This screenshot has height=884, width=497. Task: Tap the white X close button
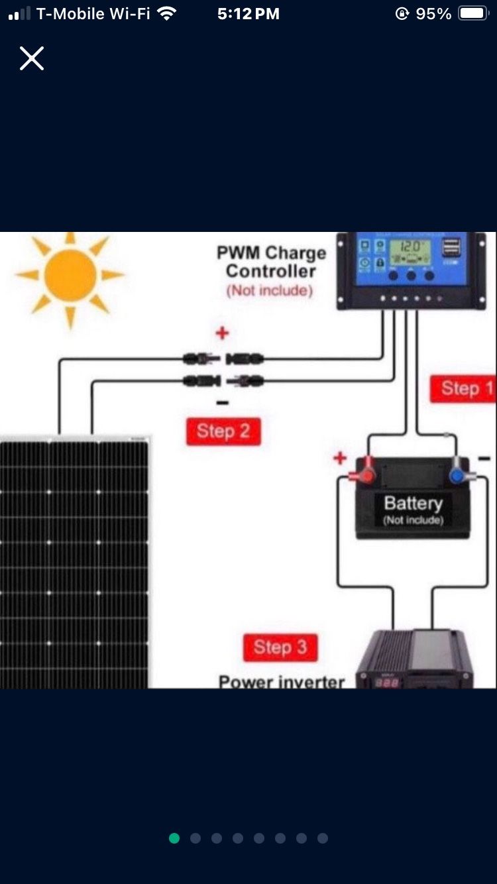31,58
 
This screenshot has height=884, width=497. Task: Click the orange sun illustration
70,276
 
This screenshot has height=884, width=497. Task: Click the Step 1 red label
467,388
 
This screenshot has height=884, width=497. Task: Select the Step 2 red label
223,431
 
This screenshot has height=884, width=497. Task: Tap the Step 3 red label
280,647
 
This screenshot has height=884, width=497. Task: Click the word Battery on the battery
413,502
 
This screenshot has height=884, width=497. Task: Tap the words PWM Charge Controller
271,262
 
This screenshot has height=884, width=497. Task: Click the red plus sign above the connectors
223,333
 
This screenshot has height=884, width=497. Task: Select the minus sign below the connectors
223,402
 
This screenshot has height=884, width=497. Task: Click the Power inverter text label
282,681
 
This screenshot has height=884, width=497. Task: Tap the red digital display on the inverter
388,681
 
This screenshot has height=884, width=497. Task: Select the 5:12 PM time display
248,14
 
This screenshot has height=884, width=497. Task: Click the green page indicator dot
174,838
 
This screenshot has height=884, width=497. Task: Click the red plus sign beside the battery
340,458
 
